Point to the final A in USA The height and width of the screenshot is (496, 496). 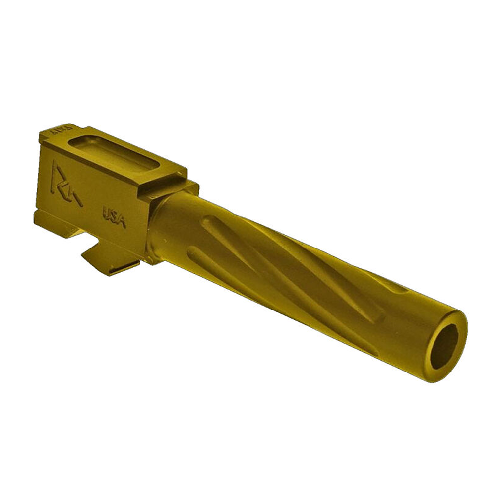tap(122, 221)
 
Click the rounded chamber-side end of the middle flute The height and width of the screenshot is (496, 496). tap(208, 226)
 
